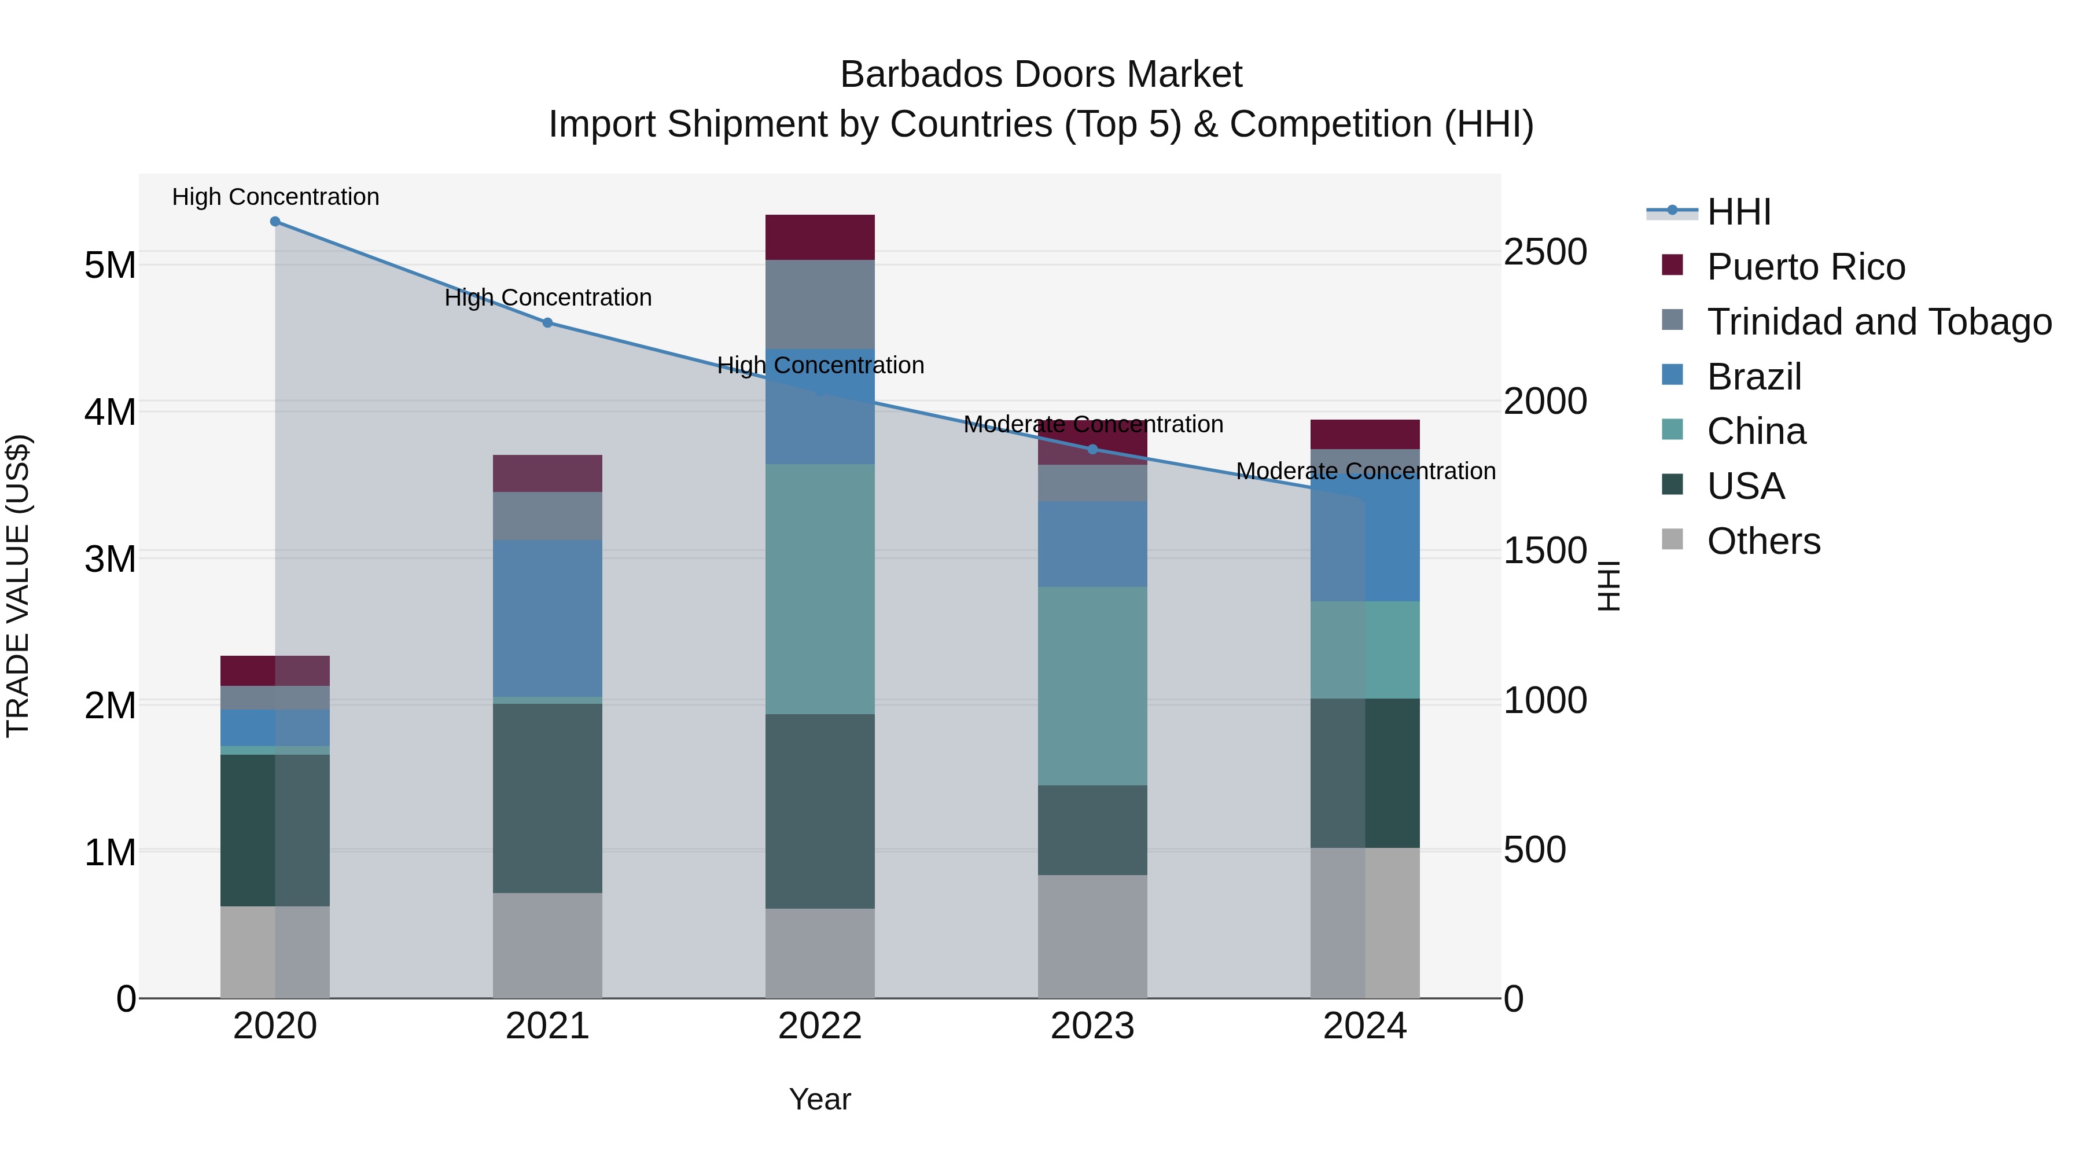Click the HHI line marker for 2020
click(x=275, y=221)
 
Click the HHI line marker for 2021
click(x=547, y=323)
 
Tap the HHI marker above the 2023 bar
click(x=1092, y=449)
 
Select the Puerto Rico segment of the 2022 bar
click(x=820, y=237)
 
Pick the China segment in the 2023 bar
click(x=1092, y=686)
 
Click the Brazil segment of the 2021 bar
click(x=547, y=619)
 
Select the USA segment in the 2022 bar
click(x=820, y=811)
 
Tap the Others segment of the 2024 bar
click(x=1365, y=923)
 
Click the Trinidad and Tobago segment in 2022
click(x=820, y=304)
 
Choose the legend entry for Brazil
click(x=1754, y=377)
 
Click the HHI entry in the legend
click(x=1739, y=212)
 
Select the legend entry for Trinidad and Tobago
click(x=1878, y=322)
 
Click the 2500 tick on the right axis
click(x=1544, y=252)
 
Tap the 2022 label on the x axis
click(x=820, y=1026)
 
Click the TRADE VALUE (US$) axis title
click(x=18, y=586)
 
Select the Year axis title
click(x=820, y=1099)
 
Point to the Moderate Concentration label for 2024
click(x=1366, y=471)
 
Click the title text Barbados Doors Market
click(x=1041, y=75)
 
